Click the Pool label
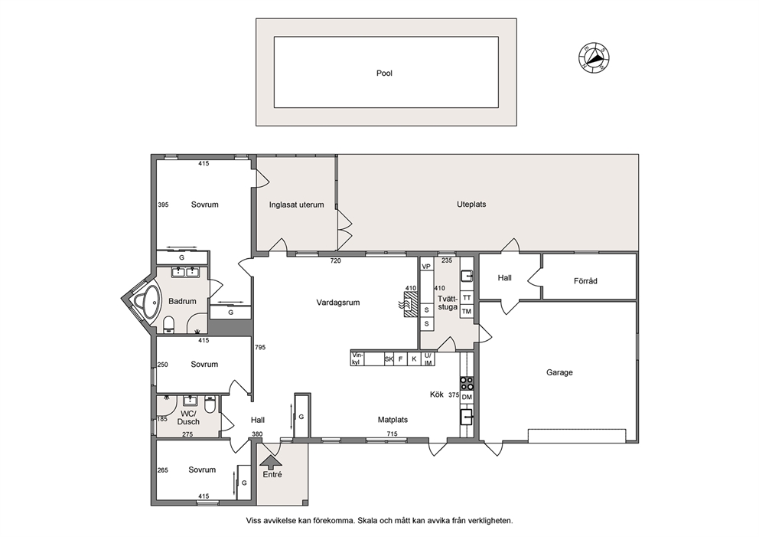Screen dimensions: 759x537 (x=384, y=74)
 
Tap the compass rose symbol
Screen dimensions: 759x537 (x=594, y=58)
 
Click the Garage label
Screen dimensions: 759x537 (x=559, y=372)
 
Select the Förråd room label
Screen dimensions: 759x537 (x=585, y=280)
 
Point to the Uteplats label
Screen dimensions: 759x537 (x=471, y=205)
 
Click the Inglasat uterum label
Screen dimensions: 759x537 (x=296, y=205)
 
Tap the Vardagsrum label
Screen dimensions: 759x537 (x=338, y=303)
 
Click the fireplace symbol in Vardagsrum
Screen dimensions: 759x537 (x=408, y=305)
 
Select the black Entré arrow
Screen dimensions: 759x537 (x=272, y=461)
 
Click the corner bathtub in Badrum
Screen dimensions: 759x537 (x=147, y=303)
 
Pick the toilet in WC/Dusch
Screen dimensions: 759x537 (x=210, y=405)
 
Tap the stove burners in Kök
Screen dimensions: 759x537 (x=467, y=383)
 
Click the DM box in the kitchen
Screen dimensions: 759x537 (x=467, y=397)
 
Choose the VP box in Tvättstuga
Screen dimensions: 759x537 (x=426, y=267)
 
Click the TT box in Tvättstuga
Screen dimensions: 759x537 (x=467, y=297)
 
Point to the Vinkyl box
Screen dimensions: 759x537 (x=357, y=359)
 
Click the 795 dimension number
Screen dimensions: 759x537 (x=260, y=347)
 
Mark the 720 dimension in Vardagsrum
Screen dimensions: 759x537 (x=335, y=260)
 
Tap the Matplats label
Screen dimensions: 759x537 (x=393, y=420)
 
